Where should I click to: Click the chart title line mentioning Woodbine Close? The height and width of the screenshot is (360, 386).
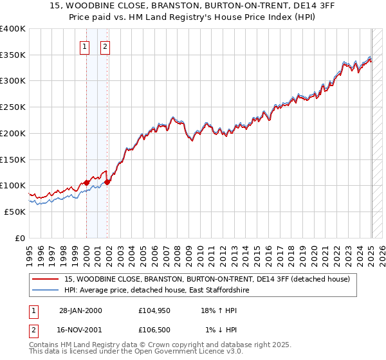click(192, 6)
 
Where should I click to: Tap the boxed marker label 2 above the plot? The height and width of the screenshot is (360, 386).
click(105, 46)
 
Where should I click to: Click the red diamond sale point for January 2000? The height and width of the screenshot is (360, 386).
click(86, 183)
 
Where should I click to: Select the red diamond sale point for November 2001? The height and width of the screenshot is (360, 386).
click(107, 182)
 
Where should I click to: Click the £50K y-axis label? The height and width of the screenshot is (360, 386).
click(15, 212)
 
